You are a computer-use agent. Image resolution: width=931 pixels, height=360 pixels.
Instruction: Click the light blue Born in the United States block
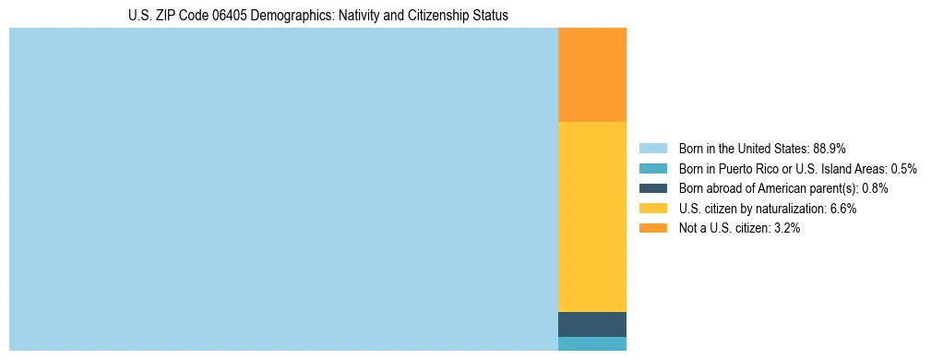283,189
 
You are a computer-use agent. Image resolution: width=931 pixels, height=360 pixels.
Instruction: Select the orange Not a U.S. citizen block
592,75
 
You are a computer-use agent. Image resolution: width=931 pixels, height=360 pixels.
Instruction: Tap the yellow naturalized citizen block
592,217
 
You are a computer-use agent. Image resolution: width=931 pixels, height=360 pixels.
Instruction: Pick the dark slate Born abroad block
592,324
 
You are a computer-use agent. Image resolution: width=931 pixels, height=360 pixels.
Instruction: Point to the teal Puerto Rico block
592,343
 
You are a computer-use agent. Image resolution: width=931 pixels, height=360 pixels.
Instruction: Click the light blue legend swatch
652,148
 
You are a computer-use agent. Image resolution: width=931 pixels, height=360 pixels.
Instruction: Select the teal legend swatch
652,168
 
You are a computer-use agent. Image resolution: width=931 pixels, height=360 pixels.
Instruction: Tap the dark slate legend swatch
652,188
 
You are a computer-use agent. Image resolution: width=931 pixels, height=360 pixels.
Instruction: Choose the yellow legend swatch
652,209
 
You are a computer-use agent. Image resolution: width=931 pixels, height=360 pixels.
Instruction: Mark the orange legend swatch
652,228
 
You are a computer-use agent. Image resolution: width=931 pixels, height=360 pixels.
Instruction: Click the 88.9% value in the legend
830,148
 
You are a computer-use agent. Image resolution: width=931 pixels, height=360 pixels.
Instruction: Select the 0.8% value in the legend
875,188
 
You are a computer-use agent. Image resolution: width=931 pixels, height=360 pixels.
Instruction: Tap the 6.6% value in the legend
842,209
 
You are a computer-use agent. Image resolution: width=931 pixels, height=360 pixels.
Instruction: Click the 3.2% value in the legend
785,228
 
